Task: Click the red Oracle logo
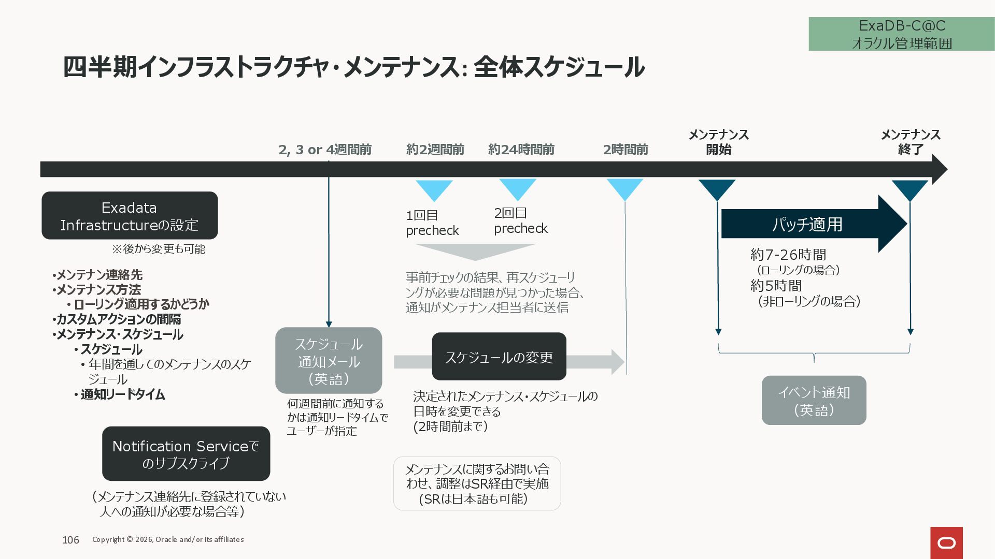tap(946, 542)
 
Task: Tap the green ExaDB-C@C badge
tap(901, 34)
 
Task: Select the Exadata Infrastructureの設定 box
tap(130, 216)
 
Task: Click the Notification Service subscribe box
tap(186, 454)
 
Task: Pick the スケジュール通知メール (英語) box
tap(329, 361)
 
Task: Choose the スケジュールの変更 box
tap(499, 357)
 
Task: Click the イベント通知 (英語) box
tap(814, 401)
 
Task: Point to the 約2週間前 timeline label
tap(435, 150)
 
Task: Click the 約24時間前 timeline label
tap(521, 150)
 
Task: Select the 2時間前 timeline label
tap(626, 150)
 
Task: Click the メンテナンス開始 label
tap(718, 142)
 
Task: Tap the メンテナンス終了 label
tap(911, 142)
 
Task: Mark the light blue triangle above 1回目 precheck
tap(434, 188)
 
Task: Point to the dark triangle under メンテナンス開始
tap(717, 188)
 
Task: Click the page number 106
tap(70, 540)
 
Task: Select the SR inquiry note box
tap(477, 483)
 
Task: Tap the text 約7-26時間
tap(788, 255)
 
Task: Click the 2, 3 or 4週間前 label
tap(325, 150)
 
